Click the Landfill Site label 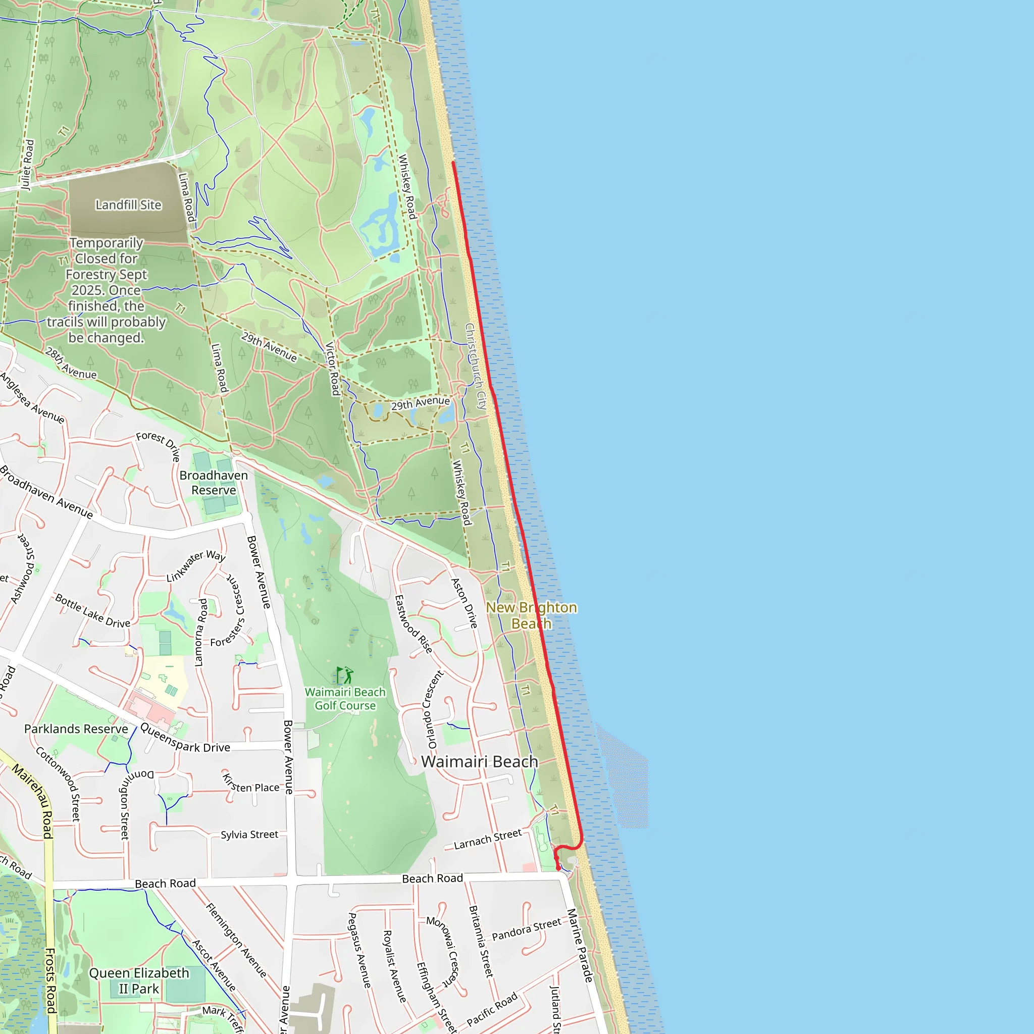click(128, 205)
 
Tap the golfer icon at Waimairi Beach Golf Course click(345, 675)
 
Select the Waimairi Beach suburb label click(480, 761)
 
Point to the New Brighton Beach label click(532, 615)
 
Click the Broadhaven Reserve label click(214, 483)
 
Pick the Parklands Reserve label click(76, 729)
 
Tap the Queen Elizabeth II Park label click(139, 980)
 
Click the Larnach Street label click(488, 839)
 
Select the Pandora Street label click(527, 929)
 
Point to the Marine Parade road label click(580, 945)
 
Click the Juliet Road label click(27, 165)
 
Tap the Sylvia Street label click(249, 835)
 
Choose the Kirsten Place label click(251, 784)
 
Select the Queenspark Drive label click(185, 738)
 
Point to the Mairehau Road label click(34, 801)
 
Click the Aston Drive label click(463, 603)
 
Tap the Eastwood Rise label click(413, 624)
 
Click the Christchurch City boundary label click(475, 366)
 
